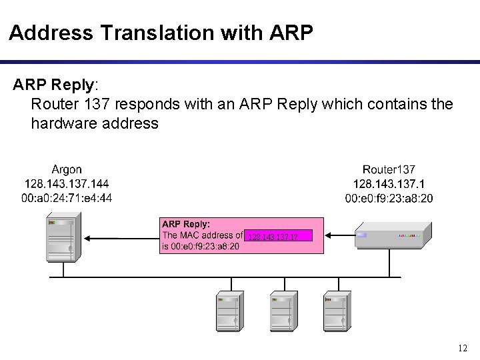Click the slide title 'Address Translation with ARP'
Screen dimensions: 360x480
coord(161,33)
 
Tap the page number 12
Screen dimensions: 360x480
coord(463,348)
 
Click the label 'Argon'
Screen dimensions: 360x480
coord(67,170)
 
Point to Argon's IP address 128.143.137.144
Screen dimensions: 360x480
coord(67,183)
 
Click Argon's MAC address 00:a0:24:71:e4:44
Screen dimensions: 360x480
coord(67,197)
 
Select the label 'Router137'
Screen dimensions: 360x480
coord(389,170)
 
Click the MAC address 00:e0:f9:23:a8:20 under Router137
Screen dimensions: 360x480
coord(389,197)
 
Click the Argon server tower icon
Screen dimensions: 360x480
coord(64,237)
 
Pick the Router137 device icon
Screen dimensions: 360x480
coord(393,235)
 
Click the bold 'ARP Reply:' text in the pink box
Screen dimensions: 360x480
coord(186,225)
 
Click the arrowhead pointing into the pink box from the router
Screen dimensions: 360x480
coord(328,235)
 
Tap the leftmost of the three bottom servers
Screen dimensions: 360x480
coord(228,311)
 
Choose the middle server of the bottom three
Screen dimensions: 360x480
coord(282,311)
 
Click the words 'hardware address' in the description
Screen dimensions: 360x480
coord(95,123)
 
